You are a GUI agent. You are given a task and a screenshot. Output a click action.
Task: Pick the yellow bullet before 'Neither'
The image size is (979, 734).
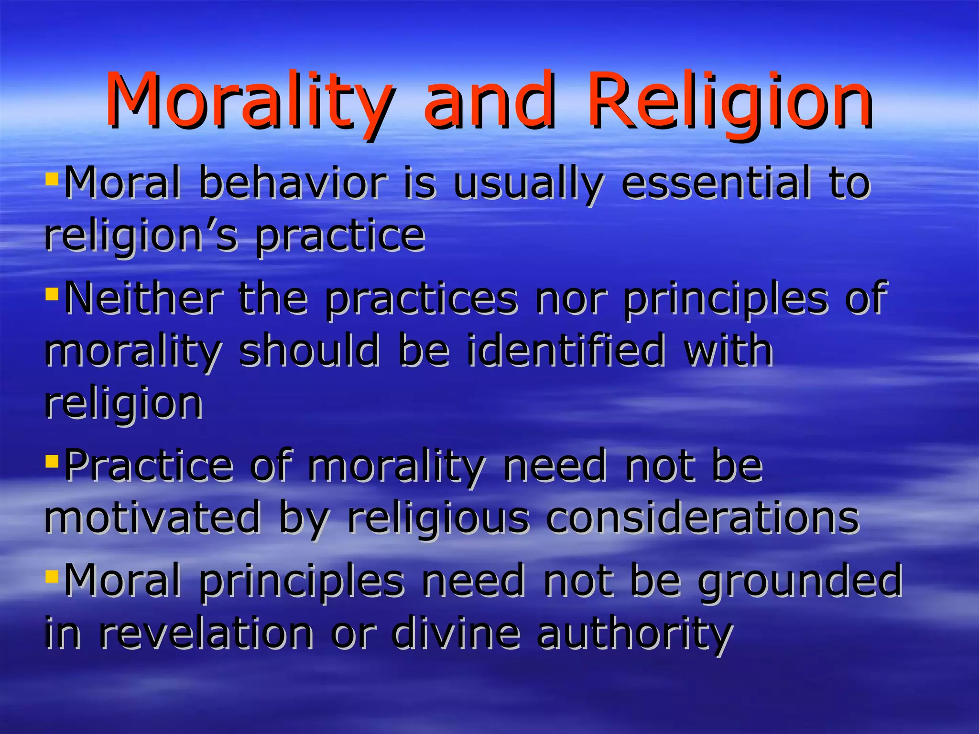coord(52,292)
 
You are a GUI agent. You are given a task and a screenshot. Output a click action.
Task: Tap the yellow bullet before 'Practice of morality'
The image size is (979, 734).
coord(52,461)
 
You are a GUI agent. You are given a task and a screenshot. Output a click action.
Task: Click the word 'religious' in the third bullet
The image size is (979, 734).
coord(438,518)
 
